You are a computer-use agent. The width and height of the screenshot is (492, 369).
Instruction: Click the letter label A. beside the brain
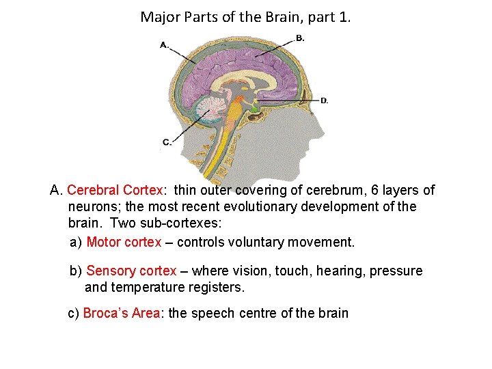(164, 45)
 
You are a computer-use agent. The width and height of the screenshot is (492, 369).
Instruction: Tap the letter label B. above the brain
(299, 38)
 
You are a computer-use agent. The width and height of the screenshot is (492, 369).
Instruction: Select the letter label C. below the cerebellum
(167, 142)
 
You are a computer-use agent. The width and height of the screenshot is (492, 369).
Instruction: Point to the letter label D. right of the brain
(324, 100)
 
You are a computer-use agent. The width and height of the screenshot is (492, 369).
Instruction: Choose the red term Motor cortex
(124, 242)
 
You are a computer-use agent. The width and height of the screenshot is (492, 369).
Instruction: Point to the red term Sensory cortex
(131, 271)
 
